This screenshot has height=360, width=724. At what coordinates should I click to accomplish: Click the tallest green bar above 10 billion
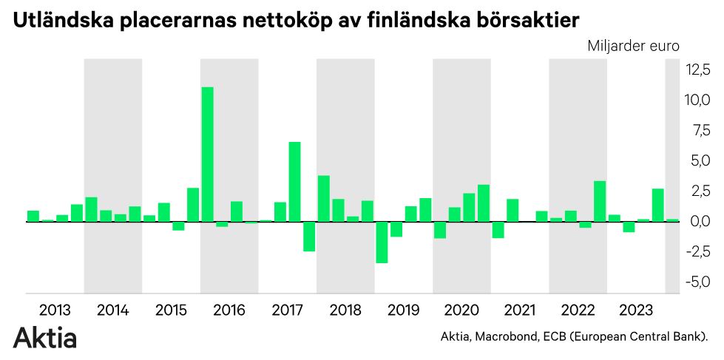[208, 154]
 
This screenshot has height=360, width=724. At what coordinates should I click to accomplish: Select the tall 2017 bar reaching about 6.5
[294, 181]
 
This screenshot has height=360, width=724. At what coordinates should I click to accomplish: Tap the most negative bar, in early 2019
[382, 242]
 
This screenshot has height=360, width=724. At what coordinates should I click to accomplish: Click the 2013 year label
[55, 310]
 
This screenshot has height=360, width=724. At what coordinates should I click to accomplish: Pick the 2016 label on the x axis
[229, 310]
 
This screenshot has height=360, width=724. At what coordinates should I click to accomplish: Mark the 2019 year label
[403, 310]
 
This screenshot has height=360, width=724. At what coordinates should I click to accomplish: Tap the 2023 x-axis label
[635, 310]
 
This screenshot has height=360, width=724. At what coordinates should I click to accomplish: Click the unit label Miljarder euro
[634, 46]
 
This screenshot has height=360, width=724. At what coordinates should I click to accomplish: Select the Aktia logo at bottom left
[45, 338]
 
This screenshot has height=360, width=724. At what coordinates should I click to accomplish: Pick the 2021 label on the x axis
[520, 310]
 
